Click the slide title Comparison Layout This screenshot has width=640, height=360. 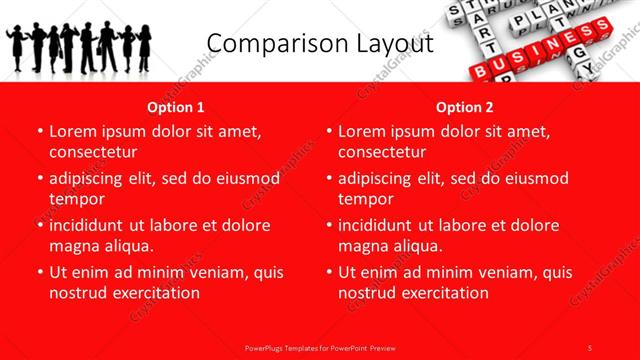tap(321, 44)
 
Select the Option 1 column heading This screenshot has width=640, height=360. tap(176, 107)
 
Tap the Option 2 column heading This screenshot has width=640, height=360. tap(465, 107)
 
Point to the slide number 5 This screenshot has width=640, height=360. tap(590, 347)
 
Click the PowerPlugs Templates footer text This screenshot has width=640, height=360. tap(319, 347)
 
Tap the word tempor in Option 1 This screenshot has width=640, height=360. tap(77, 199)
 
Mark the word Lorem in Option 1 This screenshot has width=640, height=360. tap(73, 131)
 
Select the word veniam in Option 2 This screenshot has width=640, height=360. tap(486, 272)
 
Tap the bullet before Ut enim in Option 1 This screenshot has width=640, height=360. tap(39, 272)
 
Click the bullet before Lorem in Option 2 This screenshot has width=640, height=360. tap(328, 131)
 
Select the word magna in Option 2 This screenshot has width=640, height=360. tap(364, 246)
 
